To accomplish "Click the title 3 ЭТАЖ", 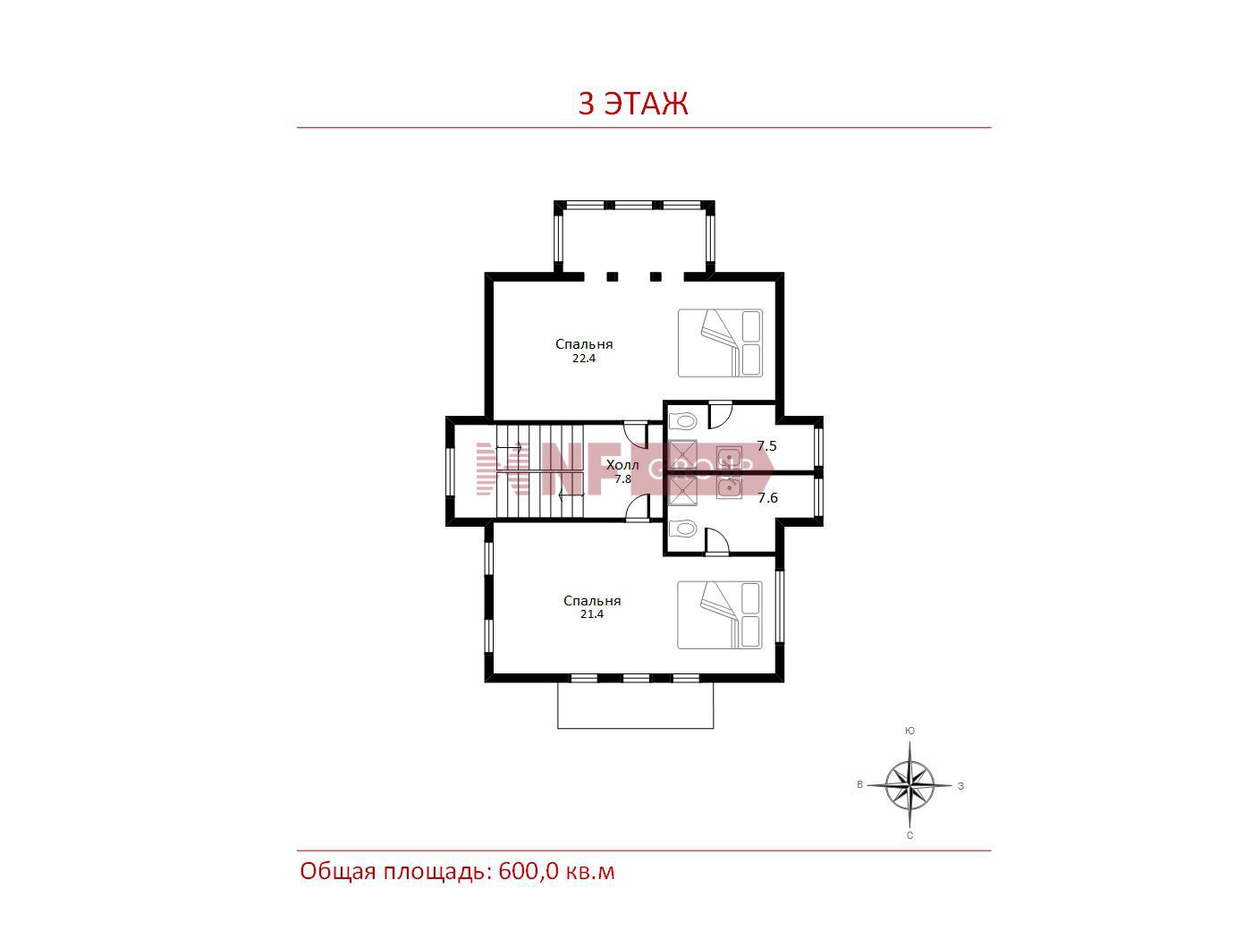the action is click(632, 103).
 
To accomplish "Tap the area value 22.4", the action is click(584, 359).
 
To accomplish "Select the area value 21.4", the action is click(591, 614).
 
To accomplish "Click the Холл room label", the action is click(622, 465).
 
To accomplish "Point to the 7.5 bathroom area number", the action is click(766, 446).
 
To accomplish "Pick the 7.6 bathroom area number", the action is click(767, 498).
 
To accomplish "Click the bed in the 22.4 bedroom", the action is click(720, 343).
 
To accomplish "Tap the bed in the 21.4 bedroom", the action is click(720, 615).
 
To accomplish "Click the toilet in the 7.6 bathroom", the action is click(682, 529).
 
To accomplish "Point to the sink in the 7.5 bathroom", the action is click(729, 457).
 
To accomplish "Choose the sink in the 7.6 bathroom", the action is click(729, 487).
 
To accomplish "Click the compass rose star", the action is click(909, 786).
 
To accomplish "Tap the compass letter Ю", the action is click(909, 731).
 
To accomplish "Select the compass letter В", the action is click(859, 784).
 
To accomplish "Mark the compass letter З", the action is click(960, 786).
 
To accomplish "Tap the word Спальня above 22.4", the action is click(584, 344).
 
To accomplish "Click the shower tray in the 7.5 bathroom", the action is click(682, 455).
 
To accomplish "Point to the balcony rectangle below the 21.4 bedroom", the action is click(636, 706).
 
